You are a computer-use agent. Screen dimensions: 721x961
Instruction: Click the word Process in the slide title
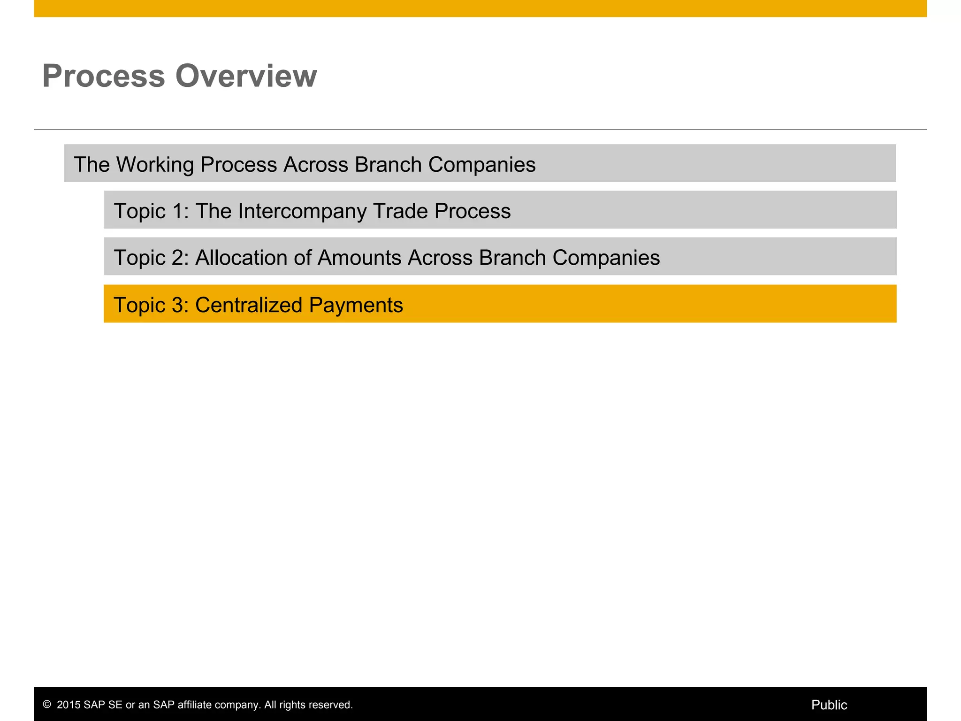[x=104, y=76]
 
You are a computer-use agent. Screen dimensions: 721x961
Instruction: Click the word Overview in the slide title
[x=246, y=76]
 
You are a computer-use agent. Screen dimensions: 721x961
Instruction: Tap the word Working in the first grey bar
[x=155, y=165]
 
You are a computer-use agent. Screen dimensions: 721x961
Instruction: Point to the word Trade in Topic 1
[x=400, y=211]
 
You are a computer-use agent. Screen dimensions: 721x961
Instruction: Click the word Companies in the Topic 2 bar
[x=606, y=258]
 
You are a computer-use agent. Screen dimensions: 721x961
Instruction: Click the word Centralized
[x=249, y=305]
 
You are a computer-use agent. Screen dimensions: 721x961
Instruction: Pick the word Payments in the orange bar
[x=356, y=305]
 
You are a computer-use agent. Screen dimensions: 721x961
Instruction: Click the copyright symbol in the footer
[x=47, y=705]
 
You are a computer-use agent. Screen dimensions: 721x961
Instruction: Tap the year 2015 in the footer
[x=69, y=705]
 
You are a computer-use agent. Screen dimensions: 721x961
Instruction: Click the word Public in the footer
[x=829, y=705]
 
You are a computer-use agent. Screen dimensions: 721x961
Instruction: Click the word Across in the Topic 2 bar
[x=440, y=258]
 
